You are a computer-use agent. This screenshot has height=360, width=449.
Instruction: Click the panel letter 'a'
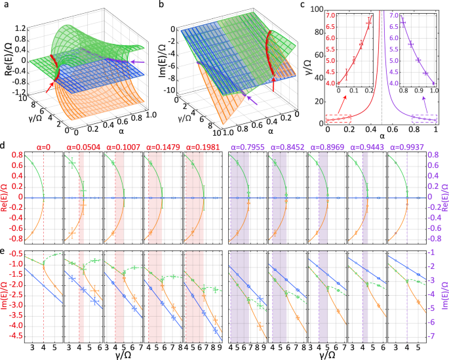point(5,5)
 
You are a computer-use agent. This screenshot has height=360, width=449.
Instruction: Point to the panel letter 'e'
point(5,245)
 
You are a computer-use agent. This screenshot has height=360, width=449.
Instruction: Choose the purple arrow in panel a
point(136,62)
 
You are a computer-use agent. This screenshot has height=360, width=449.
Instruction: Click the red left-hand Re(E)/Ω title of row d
point(5,196)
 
